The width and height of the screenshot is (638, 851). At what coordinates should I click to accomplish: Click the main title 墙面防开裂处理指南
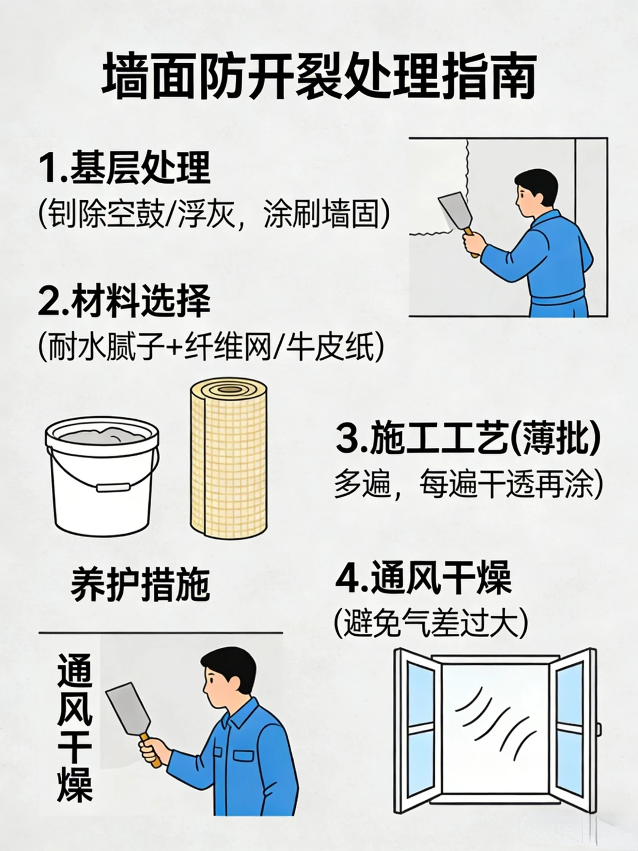pos(319,76)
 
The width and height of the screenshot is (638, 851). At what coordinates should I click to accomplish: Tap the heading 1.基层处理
pos(125,168)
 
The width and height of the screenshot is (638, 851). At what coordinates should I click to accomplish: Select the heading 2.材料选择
pos(124,301)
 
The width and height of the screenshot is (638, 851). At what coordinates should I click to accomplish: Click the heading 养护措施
pos(141,585)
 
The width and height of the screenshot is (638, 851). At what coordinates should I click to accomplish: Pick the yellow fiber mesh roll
pos(229,461)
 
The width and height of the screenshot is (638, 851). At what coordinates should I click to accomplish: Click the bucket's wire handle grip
pos(113,488)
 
